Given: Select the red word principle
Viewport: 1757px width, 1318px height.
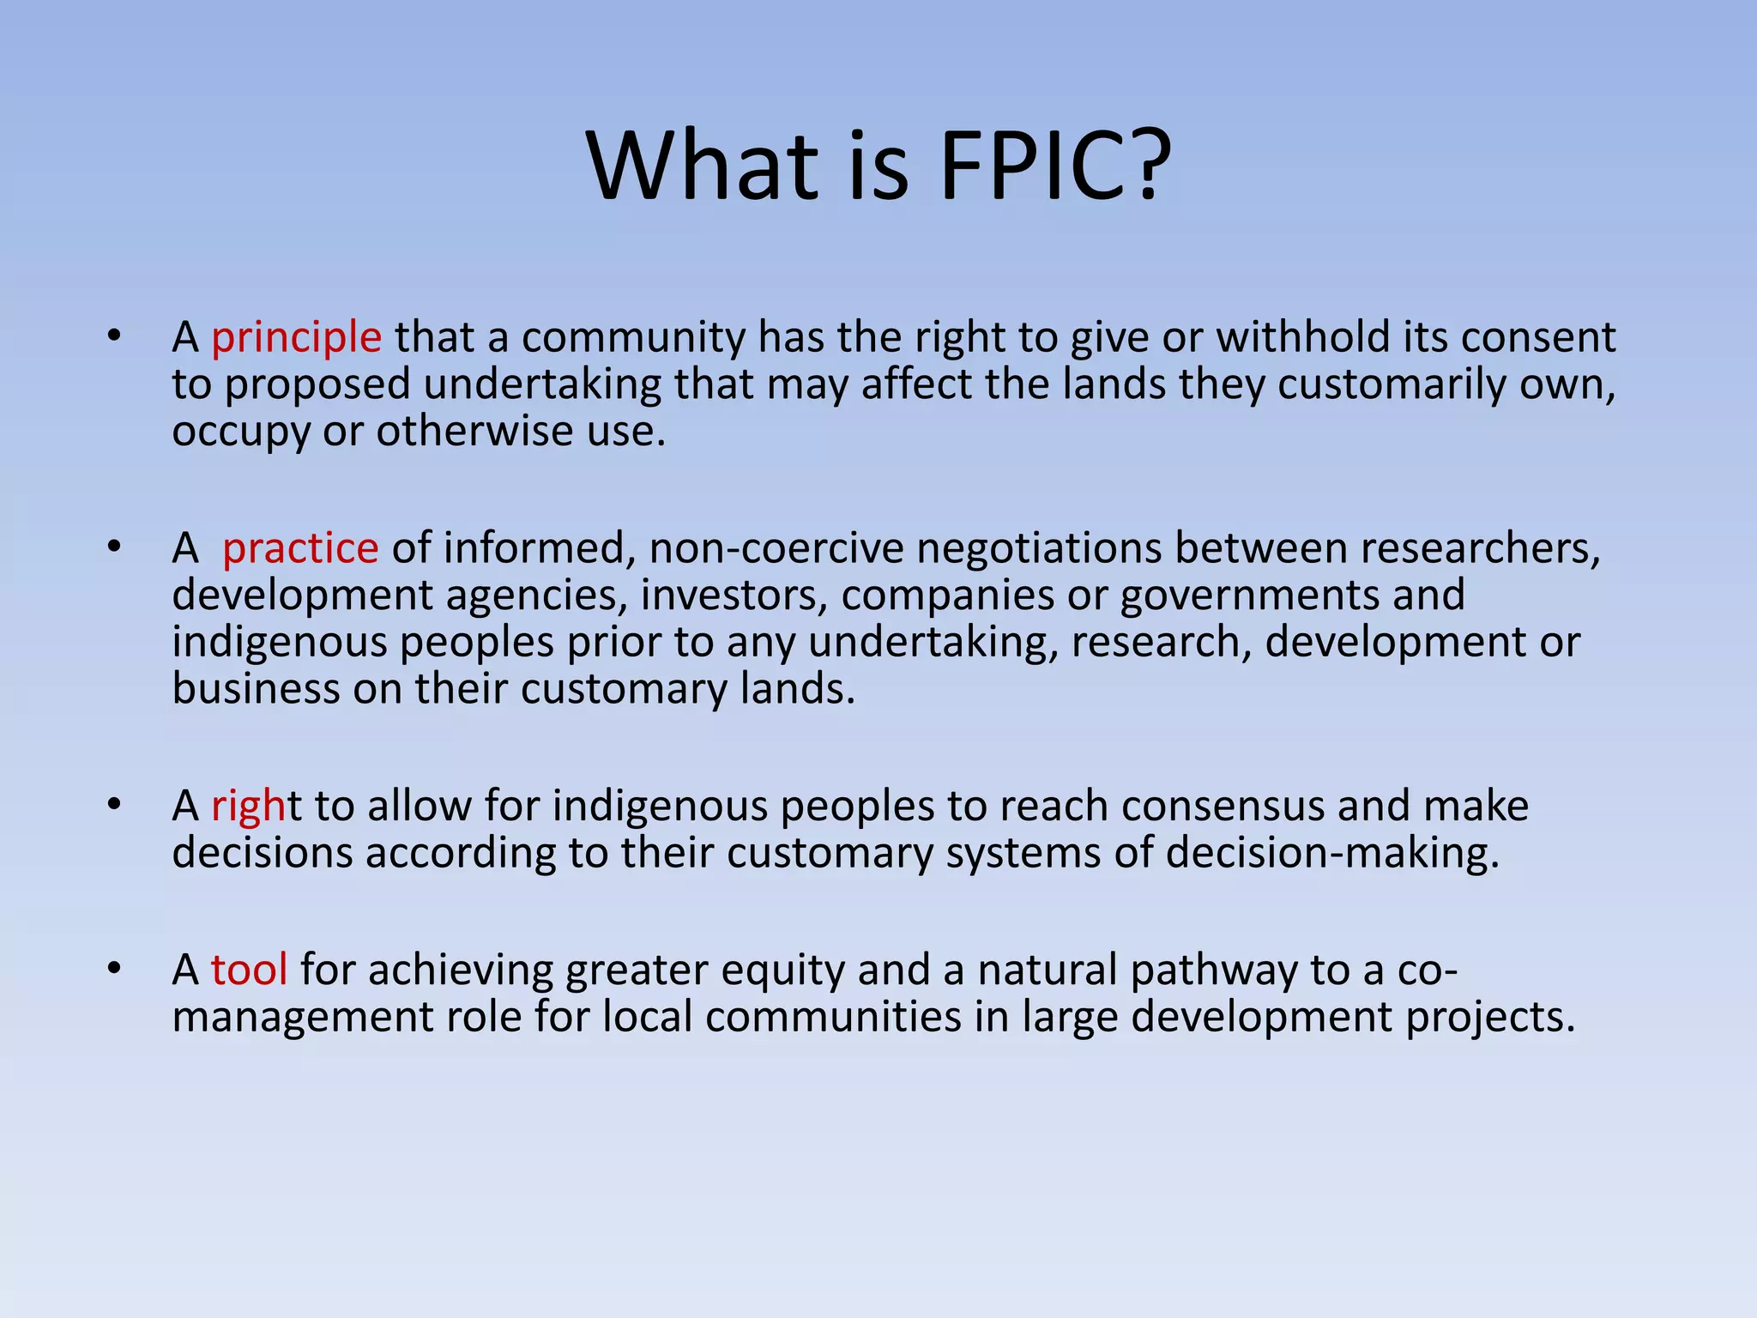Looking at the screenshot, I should click(x=296, y=337).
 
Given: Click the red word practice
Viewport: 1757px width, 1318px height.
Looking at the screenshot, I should click(x=300, y=548).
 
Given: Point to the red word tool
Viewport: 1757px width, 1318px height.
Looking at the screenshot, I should click(x=249, y=970).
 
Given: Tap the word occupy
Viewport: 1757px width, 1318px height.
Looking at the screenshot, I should click(x=240, y=432).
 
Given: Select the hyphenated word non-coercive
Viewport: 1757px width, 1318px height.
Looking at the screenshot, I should click(x=776, y=548).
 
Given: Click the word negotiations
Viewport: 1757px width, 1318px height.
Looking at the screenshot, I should click(x=1039, y=548).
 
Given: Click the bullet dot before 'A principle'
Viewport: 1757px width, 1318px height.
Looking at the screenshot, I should click(x=114, y=336).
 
